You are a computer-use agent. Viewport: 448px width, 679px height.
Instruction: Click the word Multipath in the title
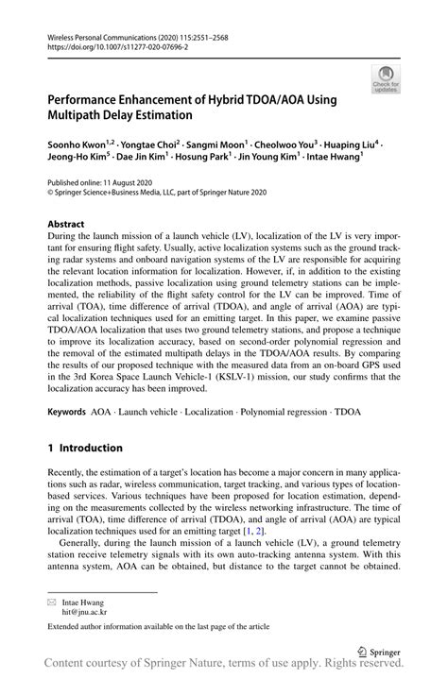click(81, 117)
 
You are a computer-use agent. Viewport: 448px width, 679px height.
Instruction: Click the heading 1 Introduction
click(86, 448)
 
